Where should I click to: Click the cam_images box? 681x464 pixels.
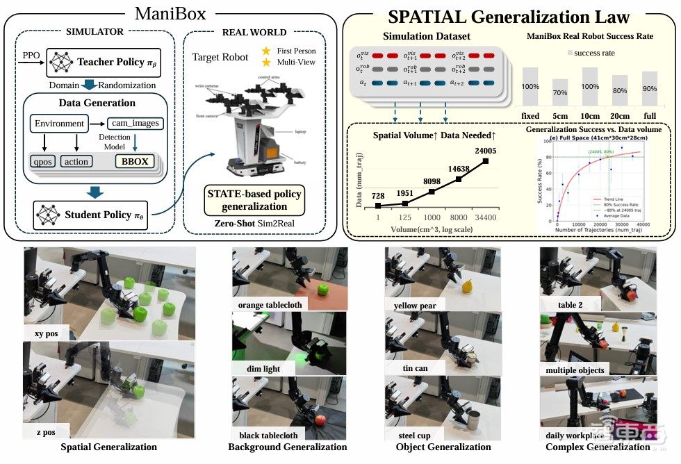(x=135, y=124)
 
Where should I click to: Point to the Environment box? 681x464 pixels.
(x=60, y=124)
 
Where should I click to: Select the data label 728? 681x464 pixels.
(x=377, y=197)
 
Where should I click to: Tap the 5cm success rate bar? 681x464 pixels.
(x=559, y=94)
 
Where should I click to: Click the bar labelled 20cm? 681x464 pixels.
(x=620, y=92)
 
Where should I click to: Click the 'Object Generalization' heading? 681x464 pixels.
(x=443, y=447)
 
